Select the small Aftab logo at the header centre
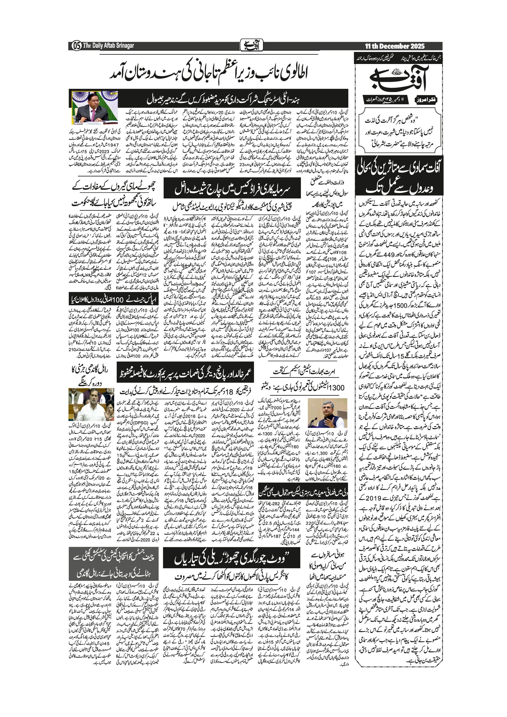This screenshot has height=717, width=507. point(252,45)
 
